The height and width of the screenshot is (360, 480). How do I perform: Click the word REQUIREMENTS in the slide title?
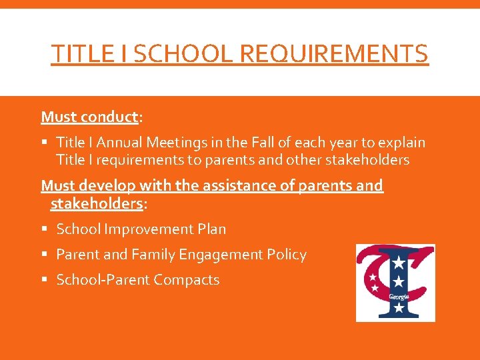point(333,53)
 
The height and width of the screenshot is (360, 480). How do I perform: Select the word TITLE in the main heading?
point(79,53)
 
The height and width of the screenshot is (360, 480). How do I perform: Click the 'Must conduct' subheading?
point(89,117)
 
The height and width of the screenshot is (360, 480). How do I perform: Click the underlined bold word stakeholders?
point(97,203)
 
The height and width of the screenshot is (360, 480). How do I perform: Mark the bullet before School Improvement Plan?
point(45,229)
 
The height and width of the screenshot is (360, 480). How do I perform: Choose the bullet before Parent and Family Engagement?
point(45,255)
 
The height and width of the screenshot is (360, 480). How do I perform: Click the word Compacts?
point(186,280)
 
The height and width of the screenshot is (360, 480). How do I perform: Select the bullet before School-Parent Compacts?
point(45,280)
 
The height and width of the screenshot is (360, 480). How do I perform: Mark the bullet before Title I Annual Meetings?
point(45,143)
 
